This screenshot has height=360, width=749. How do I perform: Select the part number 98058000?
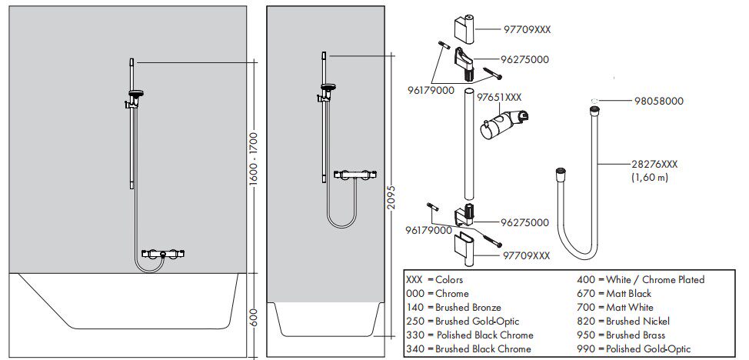[x=659, y=102]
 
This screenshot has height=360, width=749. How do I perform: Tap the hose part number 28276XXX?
[x=654, y=165]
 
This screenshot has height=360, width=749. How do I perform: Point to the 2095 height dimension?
[x=390, y=195]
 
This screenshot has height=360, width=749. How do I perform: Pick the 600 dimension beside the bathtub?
[x=253, y=316]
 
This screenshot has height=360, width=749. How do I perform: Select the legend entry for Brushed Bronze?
[x=453, y=308]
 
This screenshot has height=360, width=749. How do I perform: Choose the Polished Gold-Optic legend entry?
[x=634, y=349]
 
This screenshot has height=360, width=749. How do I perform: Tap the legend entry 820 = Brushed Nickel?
[x=623, y=322]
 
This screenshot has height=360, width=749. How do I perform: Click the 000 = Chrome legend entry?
[x=437, y=294]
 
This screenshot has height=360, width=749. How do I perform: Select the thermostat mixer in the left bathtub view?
[x=163, y=253]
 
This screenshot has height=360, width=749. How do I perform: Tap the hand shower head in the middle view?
[x=328, y=88]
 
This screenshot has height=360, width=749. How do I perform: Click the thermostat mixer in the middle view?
[x=355, y=175]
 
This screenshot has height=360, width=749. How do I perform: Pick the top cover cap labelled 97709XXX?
[x=464, y=30]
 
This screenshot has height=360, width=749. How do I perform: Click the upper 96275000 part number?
[x=525, y=60]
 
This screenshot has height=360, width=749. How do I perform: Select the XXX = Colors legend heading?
[x=434, y=280]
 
